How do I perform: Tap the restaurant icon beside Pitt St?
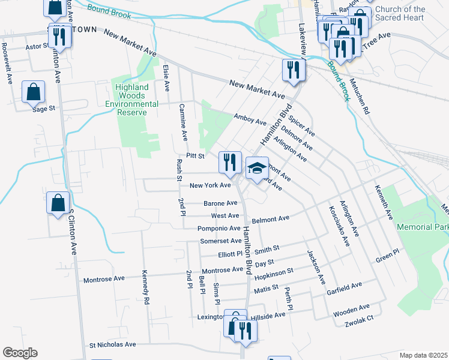pos(230,161)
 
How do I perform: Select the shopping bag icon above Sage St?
pos(33,92)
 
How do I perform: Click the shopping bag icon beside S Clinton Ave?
pos(59,203)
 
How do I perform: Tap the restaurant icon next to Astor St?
pos(59,36)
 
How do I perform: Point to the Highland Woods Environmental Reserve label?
pos(132,95)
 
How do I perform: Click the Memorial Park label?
pos(422,228)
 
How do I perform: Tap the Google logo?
pos(20,352)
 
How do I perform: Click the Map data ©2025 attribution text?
pos(423,355)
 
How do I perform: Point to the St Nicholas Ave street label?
pos(113,345)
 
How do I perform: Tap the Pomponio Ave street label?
pos(219,229)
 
